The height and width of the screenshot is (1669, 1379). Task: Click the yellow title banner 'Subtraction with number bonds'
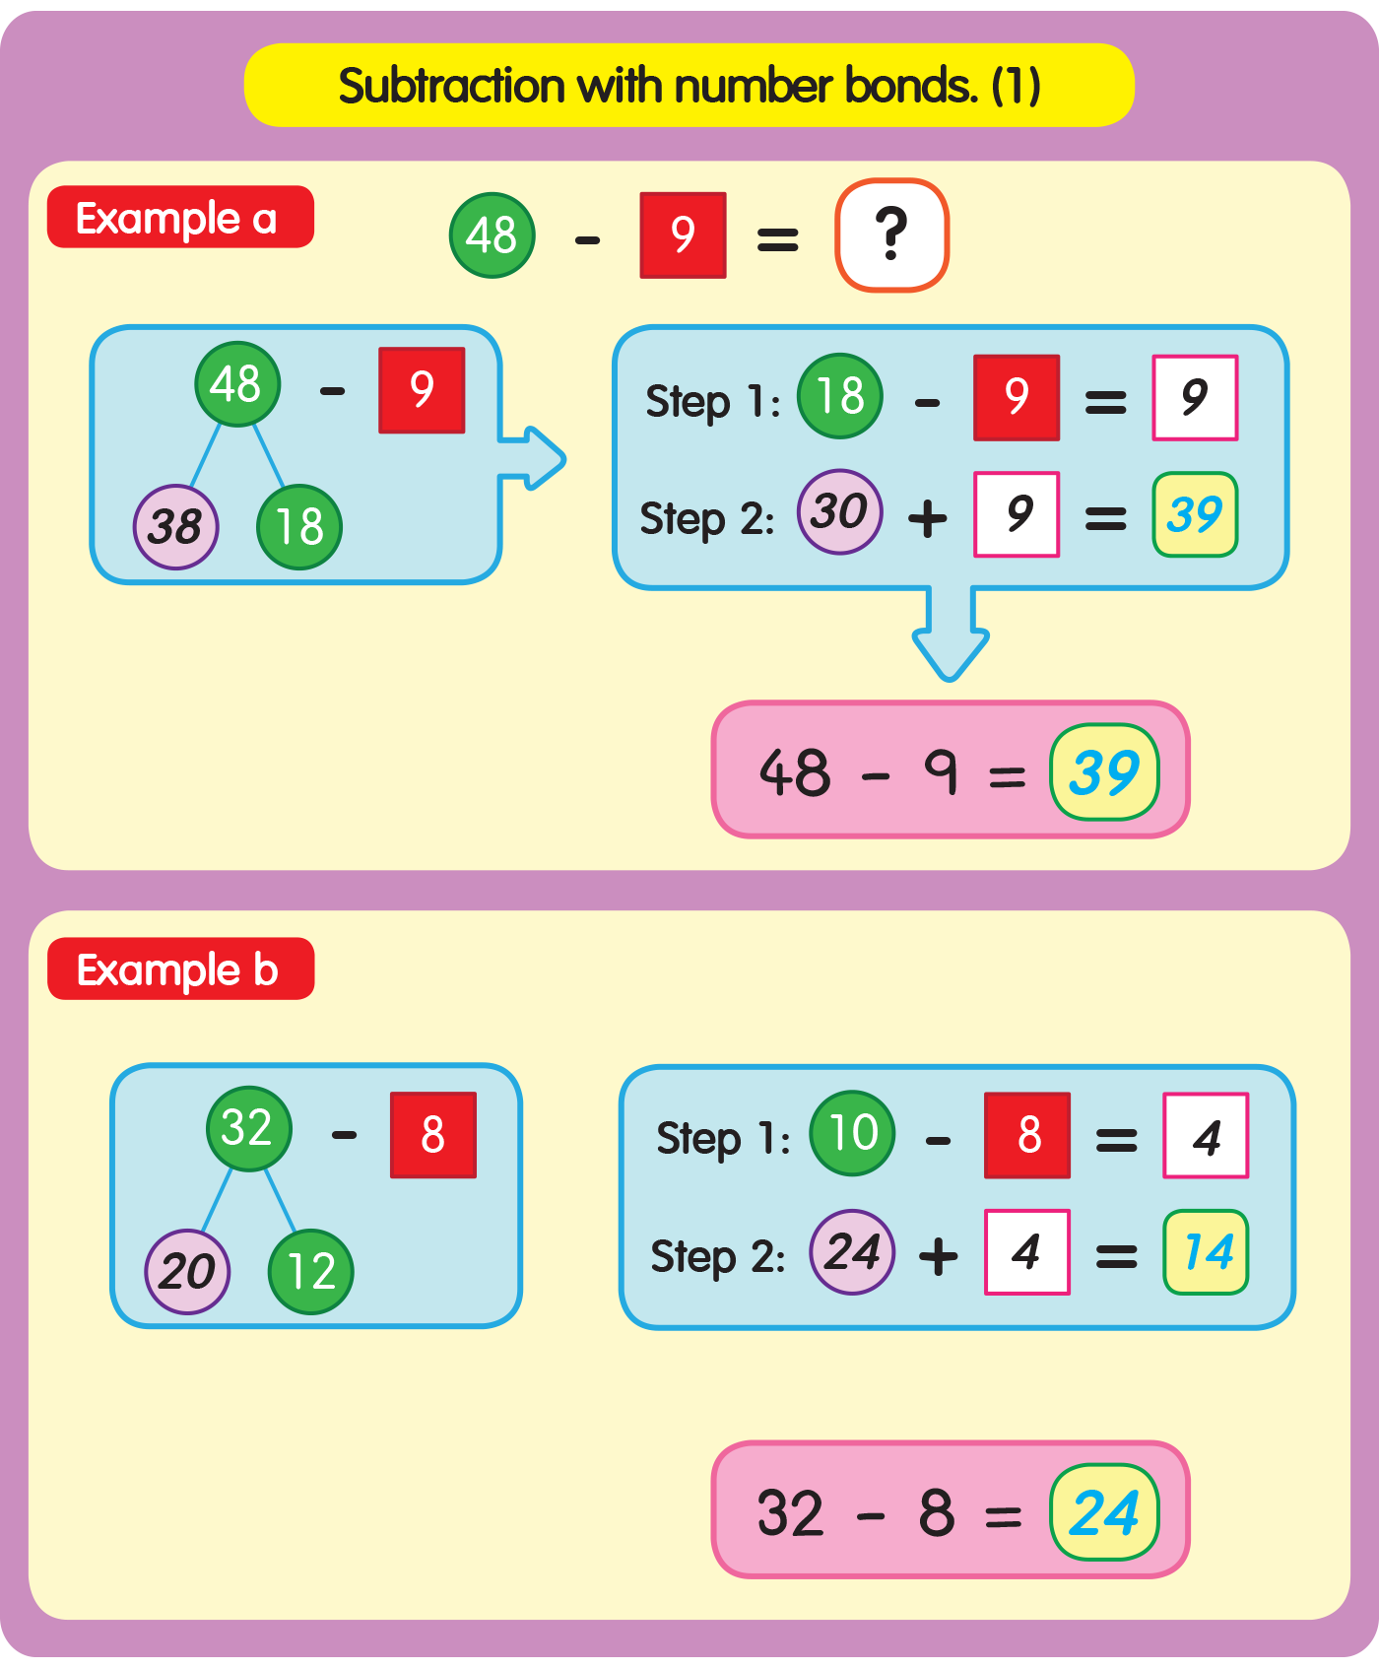(x=689, y=86)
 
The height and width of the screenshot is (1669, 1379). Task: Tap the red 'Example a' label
(x=180, y=217)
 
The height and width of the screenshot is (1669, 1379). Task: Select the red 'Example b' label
(x=180, y=969)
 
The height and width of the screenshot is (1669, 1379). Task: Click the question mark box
(x=891, y=235)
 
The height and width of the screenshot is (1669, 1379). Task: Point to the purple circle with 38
(x=175, y=527)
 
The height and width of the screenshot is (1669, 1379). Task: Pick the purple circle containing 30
(x=839, y=511)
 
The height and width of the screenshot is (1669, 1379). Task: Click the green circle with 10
(x=852, y=1133)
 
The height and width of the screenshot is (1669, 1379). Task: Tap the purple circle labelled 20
(x=187, y=1272)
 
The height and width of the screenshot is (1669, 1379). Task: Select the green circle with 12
(x=310, y=1272)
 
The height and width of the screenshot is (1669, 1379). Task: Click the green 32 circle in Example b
(x=248, y=1128)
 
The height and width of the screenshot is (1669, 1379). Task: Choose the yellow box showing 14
(x=1206, y=1252)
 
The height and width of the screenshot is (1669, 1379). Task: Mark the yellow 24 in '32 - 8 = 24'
(x=1104, y=1512)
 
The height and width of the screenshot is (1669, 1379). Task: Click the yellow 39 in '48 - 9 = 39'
(x=1104, y=772)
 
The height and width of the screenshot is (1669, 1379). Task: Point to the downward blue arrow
(x=951, y=636)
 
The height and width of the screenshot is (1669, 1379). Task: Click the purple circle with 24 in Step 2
(x=852, y=1252)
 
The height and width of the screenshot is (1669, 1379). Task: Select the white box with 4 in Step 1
(x=1206, y=1135)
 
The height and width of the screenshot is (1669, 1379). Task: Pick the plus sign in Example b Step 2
(x=938, y=1256)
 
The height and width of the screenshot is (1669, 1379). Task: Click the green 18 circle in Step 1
(x=839, y=396)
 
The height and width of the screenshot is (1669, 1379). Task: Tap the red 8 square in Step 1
(x=1027, y=1135)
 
